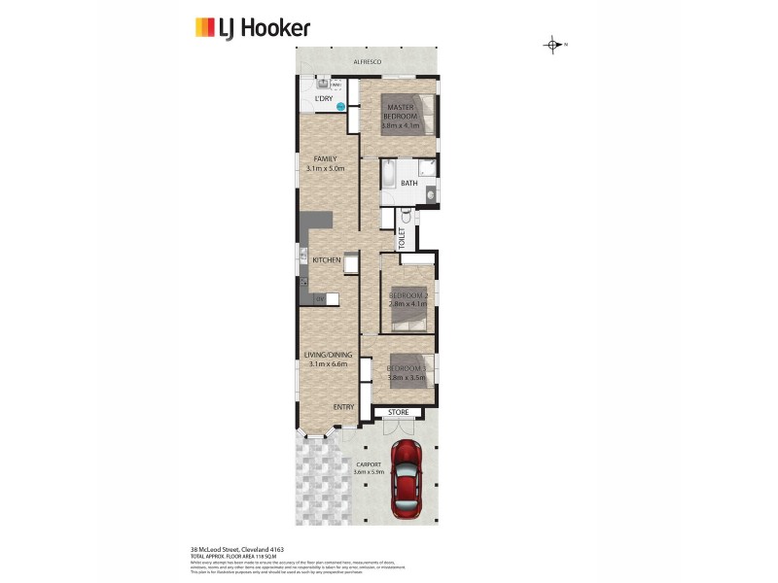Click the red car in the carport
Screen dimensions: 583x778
point(407,479)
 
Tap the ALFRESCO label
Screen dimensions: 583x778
point(368,62)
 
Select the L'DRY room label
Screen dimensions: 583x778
point(323,98)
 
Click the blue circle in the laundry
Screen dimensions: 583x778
point(341,108)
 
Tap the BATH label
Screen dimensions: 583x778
point(409,183)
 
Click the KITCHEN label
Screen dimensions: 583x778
point(326,260)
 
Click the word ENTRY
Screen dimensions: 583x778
point(343,407)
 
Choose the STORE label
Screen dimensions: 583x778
point(399,413)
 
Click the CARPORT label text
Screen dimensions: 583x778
point(371,465)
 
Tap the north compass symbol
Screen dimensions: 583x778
point(552,45)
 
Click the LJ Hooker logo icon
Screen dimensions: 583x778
point(205,26)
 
